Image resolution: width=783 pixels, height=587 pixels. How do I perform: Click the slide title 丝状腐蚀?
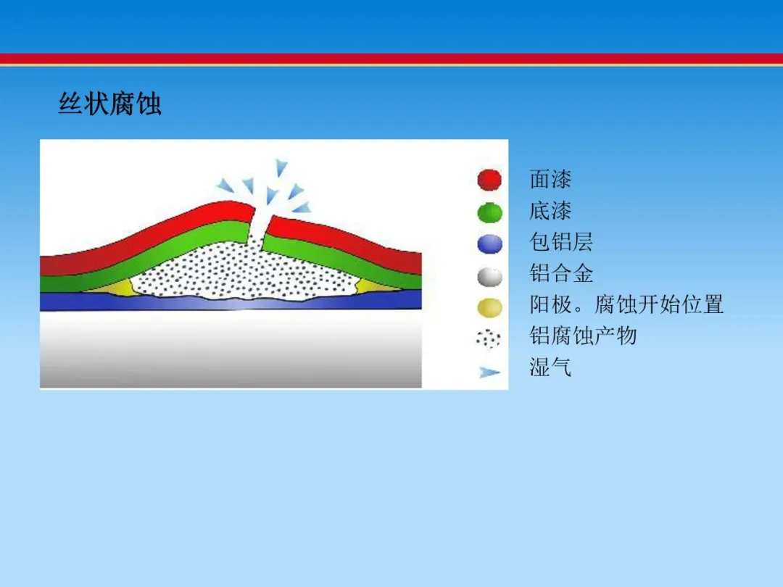(110, 104)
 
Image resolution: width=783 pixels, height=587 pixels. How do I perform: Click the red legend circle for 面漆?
(489, 180)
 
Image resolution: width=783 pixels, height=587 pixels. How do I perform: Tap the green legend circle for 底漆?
(489, 212)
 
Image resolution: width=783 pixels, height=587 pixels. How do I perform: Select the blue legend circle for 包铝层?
(489, 244)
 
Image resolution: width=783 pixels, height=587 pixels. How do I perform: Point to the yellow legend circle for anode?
(489, 307)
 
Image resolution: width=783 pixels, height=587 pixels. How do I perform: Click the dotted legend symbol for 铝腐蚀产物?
(489, 339)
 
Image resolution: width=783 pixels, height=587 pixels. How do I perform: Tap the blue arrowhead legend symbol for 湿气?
(489, 372)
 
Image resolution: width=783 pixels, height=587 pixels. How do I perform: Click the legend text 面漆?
(550, 179)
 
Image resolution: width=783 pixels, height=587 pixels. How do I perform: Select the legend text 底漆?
(550, 211)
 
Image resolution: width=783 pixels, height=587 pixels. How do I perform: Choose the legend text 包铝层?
(560, 242)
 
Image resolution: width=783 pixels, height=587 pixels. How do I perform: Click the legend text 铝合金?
(560, 273)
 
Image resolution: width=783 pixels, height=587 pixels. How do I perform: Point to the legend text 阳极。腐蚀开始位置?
(626, 304)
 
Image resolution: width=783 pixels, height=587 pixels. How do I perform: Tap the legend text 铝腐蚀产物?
(583, 336)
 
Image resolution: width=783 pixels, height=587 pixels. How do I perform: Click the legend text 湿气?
(550, 367)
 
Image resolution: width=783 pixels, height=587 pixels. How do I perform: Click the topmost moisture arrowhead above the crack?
(281, 167)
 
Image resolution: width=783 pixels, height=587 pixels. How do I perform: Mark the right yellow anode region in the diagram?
(378, 286)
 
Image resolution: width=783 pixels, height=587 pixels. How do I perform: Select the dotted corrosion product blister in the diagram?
(245, 272)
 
